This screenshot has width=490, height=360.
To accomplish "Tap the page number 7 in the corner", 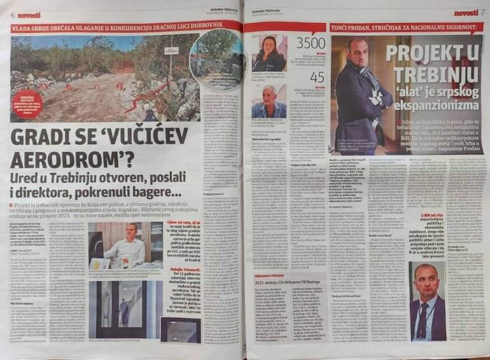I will [483, 12].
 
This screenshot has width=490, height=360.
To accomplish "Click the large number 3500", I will [312, 44].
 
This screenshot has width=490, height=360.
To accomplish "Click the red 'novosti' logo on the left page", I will [30, 15].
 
